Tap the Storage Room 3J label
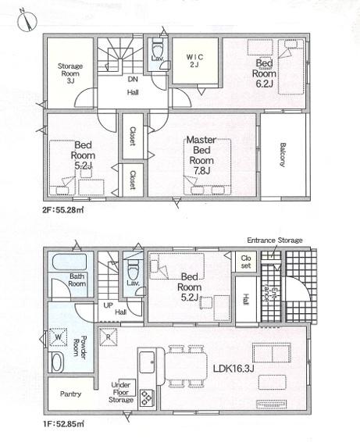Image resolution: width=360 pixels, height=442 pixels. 70,73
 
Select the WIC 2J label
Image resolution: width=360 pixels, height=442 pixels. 194,61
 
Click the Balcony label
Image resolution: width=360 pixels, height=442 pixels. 283,155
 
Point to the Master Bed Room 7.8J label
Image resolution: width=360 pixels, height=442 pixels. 201,155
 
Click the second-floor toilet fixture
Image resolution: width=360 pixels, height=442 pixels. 157,48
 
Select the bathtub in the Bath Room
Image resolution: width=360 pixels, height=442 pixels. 70,262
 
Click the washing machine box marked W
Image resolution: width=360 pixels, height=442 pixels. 59,337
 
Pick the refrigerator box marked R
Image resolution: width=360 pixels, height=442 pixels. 108,337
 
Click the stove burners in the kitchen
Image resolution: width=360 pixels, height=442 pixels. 147,397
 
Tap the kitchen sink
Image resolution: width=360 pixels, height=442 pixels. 147,362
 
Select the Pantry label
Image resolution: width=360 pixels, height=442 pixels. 70,394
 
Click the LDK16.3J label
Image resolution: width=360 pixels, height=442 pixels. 233,368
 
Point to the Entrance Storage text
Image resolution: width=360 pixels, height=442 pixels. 275,241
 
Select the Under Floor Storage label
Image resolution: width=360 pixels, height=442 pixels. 121,392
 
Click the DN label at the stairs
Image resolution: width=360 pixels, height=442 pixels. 133,79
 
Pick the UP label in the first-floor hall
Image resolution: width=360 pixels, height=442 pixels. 108,305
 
